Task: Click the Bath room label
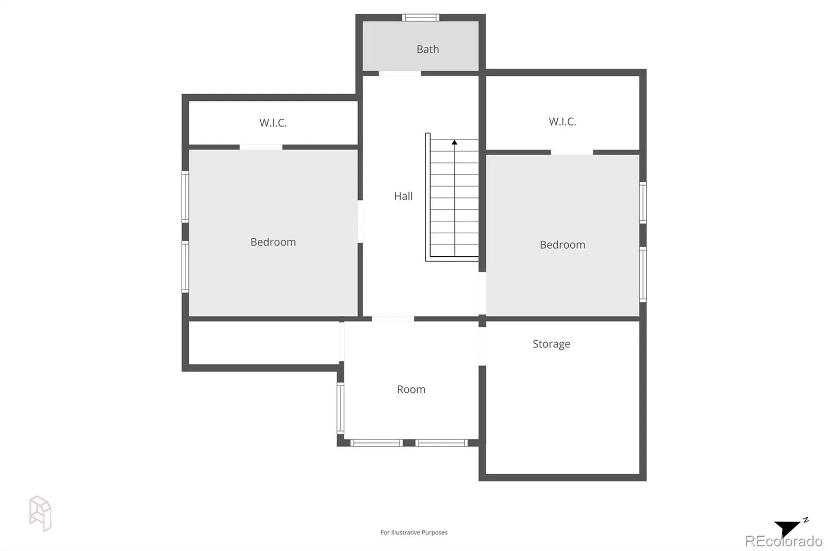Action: tap(427, 49)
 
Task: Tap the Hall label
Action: tap(403, 196)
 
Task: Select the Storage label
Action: tap(551, 344)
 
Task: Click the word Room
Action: tap(411, 389)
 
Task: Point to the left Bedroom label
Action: tap(273, 242)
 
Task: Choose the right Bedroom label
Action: tap(562, 244)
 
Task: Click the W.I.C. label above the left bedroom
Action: tap(273, 123)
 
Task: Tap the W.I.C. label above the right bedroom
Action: tap(562, 121)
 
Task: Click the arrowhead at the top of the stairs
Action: tap(454, 142)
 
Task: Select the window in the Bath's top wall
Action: tap(421, 18)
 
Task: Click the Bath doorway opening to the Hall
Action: tap(400, 73)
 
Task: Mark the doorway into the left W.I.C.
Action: tap(261, 147)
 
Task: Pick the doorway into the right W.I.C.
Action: tap(572, 152)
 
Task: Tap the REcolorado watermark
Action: tap(783, 541)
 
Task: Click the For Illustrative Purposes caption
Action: tap(414, 532)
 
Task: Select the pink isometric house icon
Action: tap(40, 513)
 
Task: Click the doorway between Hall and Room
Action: tap(393, 319)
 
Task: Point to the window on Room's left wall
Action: tap(341, 408)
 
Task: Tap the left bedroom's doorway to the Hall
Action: tap(360, 222)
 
